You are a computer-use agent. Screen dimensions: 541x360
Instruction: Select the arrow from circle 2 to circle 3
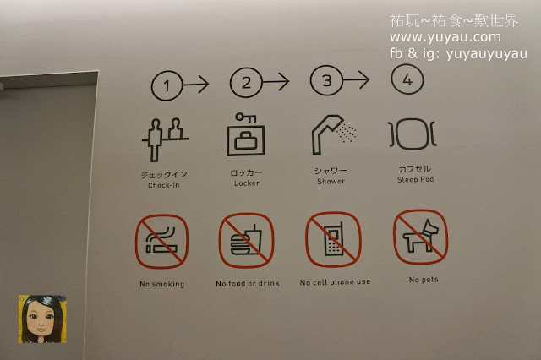point(276,82)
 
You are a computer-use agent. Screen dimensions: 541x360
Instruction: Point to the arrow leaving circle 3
point(356,79)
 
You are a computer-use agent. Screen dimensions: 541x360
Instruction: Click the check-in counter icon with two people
point(165,139)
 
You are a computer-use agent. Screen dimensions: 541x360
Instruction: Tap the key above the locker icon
point(246,117)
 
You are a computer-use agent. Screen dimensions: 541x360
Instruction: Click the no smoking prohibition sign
point(161,242)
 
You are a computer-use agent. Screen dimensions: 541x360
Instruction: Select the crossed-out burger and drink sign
point(246,240)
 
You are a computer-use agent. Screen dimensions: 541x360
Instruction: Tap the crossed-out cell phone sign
point(333,239)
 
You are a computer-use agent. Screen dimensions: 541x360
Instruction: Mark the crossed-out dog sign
point(421,237)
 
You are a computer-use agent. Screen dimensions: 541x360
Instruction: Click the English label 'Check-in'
point(164,185)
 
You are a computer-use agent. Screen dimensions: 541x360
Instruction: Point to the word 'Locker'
point(247,183)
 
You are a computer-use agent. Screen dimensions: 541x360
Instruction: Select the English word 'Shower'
point(331,181)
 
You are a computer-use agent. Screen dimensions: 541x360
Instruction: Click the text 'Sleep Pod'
point(415,179)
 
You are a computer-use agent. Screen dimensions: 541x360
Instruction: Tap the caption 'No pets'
point(424,280)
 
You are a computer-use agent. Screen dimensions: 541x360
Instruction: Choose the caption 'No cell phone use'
point(335,282)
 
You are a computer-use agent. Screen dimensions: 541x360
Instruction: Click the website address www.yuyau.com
point(445,37)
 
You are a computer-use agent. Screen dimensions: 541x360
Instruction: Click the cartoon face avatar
point(42,319)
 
